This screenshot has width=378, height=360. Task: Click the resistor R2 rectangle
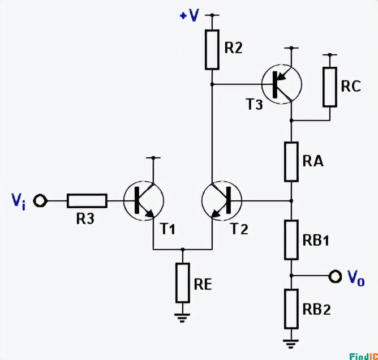[x=212, y=50]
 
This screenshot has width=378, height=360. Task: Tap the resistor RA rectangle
[x=291, y=161]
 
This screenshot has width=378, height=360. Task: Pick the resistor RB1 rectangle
[x=291, y=239]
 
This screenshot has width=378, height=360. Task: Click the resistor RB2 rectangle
[x=291, y=308]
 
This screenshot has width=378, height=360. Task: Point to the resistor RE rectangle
[x=182, y=282]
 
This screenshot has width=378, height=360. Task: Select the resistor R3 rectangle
[x=87, y=200]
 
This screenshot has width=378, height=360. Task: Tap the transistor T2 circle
[x=221, y=201]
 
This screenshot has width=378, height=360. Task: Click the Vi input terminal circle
[x=40, y=200]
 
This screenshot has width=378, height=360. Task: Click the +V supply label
[x=190, y=15]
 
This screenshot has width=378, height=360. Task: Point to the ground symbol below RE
[x=182, y=317]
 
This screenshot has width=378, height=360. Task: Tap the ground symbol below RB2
[x=291, y=342]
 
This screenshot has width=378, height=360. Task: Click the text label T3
[x=254, y=105]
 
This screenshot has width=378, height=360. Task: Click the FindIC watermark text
[x=363, y=355]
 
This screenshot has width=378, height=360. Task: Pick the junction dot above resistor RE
[x=182, y=249]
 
